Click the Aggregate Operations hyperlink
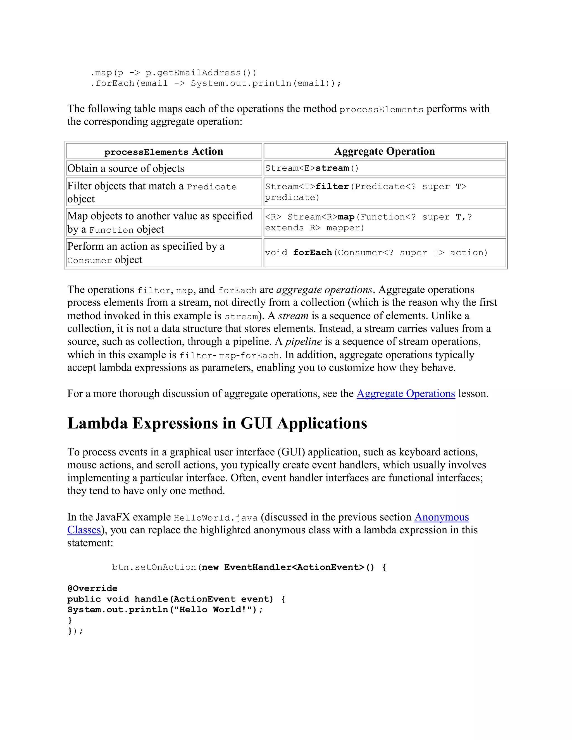406,394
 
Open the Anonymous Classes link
441,517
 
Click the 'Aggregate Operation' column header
384,151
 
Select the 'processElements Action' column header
164,151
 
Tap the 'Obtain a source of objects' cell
126,168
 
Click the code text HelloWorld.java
216,518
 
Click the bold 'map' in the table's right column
346,217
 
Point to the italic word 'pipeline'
303,342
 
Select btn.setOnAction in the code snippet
154,567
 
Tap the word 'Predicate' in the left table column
212,187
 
